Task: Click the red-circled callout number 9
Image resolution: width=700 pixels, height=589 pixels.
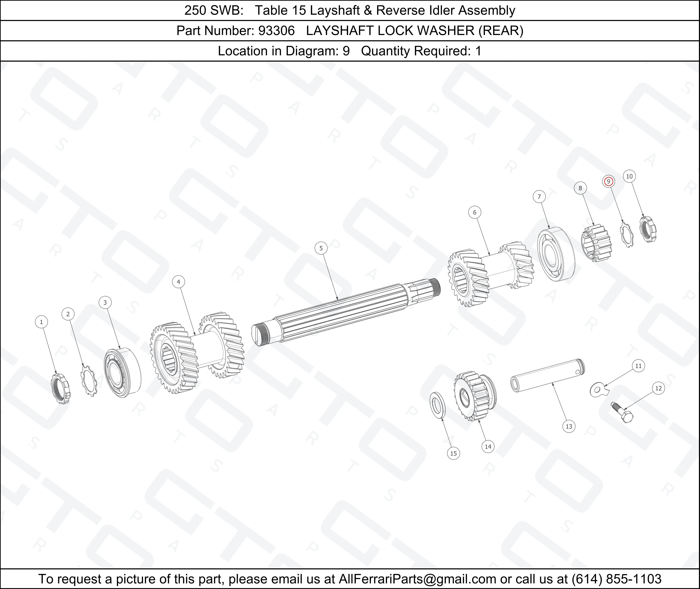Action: coord(608,181)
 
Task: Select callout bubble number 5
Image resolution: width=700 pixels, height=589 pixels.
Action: coord(321,248)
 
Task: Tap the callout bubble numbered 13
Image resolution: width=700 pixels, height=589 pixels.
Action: coord(569,426)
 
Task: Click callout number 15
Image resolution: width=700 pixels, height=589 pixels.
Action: coord(453,453)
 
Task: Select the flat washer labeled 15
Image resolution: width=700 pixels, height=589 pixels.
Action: coord(437,405)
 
